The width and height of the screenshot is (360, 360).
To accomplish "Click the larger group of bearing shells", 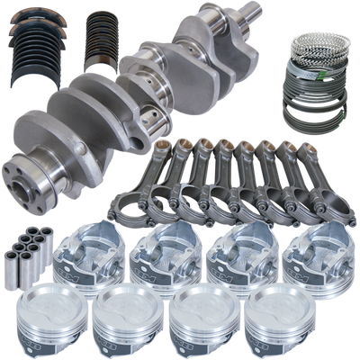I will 34,56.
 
